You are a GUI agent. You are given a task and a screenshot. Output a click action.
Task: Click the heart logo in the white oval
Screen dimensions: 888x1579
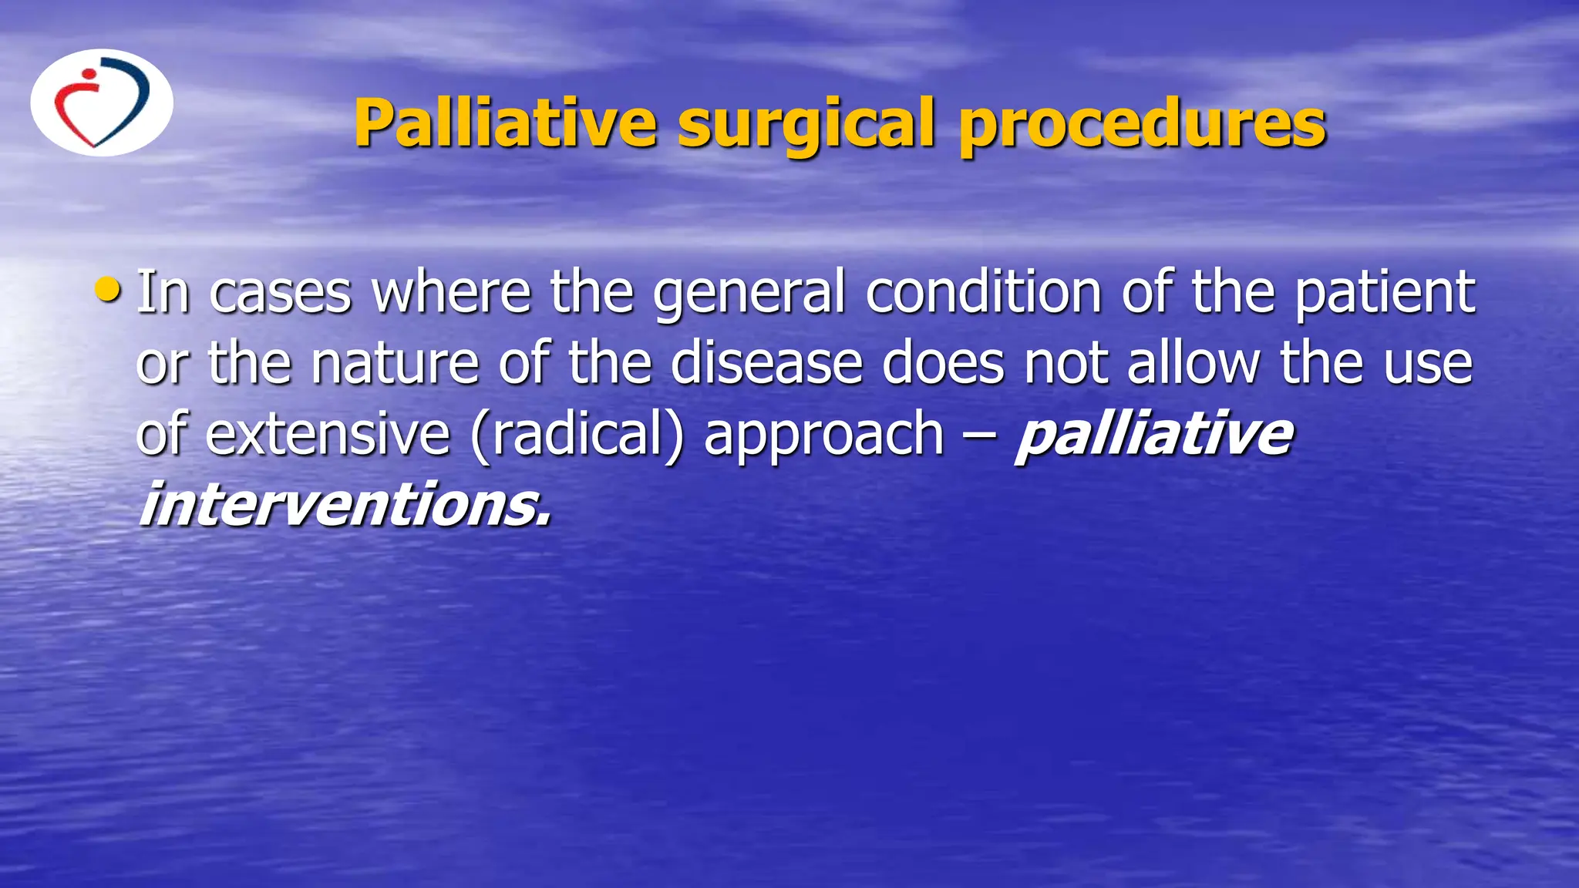coord(101,103)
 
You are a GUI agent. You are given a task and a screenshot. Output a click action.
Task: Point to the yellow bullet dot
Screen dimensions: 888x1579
coord(108,291)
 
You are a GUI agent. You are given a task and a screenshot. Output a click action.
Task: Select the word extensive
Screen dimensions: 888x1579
coord(327,433)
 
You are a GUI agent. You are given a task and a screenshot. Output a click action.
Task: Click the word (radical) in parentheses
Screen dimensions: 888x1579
coord(577,435)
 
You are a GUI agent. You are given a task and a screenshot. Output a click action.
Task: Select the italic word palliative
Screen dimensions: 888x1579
coord(1153,435)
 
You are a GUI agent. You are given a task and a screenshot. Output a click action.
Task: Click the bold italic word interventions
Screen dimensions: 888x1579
coord(345,505)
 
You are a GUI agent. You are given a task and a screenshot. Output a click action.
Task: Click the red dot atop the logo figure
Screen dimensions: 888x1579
coord(89,75)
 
